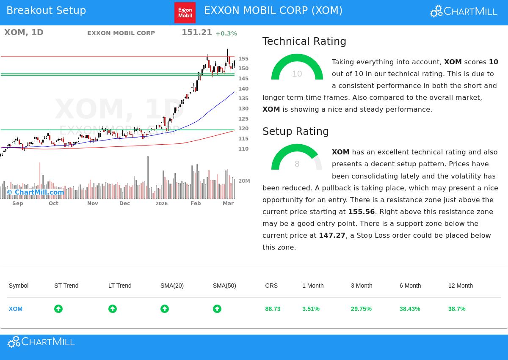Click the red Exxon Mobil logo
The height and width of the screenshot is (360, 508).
(185, 13)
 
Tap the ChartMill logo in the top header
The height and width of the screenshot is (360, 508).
(464, 11)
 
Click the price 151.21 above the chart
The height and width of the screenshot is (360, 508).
(196, 33)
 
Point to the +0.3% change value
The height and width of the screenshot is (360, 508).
(226, 33)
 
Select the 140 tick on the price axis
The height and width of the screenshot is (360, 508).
(243, 89)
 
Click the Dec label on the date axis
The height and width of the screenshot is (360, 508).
(124, 203)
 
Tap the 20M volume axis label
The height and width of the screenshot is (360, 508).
(244, 181)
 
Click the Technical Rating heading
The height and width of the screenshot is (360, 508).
(304, 41)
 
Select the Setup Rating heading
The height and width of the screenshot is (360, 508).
(295, 132)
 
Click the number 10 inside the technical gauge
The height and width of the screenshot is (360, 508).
(297, 74)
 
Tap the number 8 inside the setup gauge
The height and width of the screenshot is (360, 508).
(297, 164)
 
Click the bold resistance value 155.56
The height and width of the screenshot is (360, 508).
(361, 212)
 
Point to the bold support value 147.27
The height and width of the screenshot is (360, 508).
(332, 235)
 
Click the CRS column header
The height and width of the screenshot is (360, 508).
(271, 286)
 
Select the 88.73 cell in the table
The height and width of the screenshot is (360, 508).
(273, 309)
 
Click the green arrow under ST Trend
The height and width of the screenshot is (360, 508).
(58, 309)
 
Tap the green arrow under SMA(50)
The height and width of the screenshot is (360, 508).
(217, 309)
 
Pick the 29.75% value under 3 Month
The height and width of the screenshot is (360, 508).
(361, 309)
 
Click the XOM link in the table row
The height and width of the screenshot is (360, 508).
(16, 309)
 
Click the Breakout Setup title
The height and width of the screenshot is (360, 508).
(46, 11)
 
